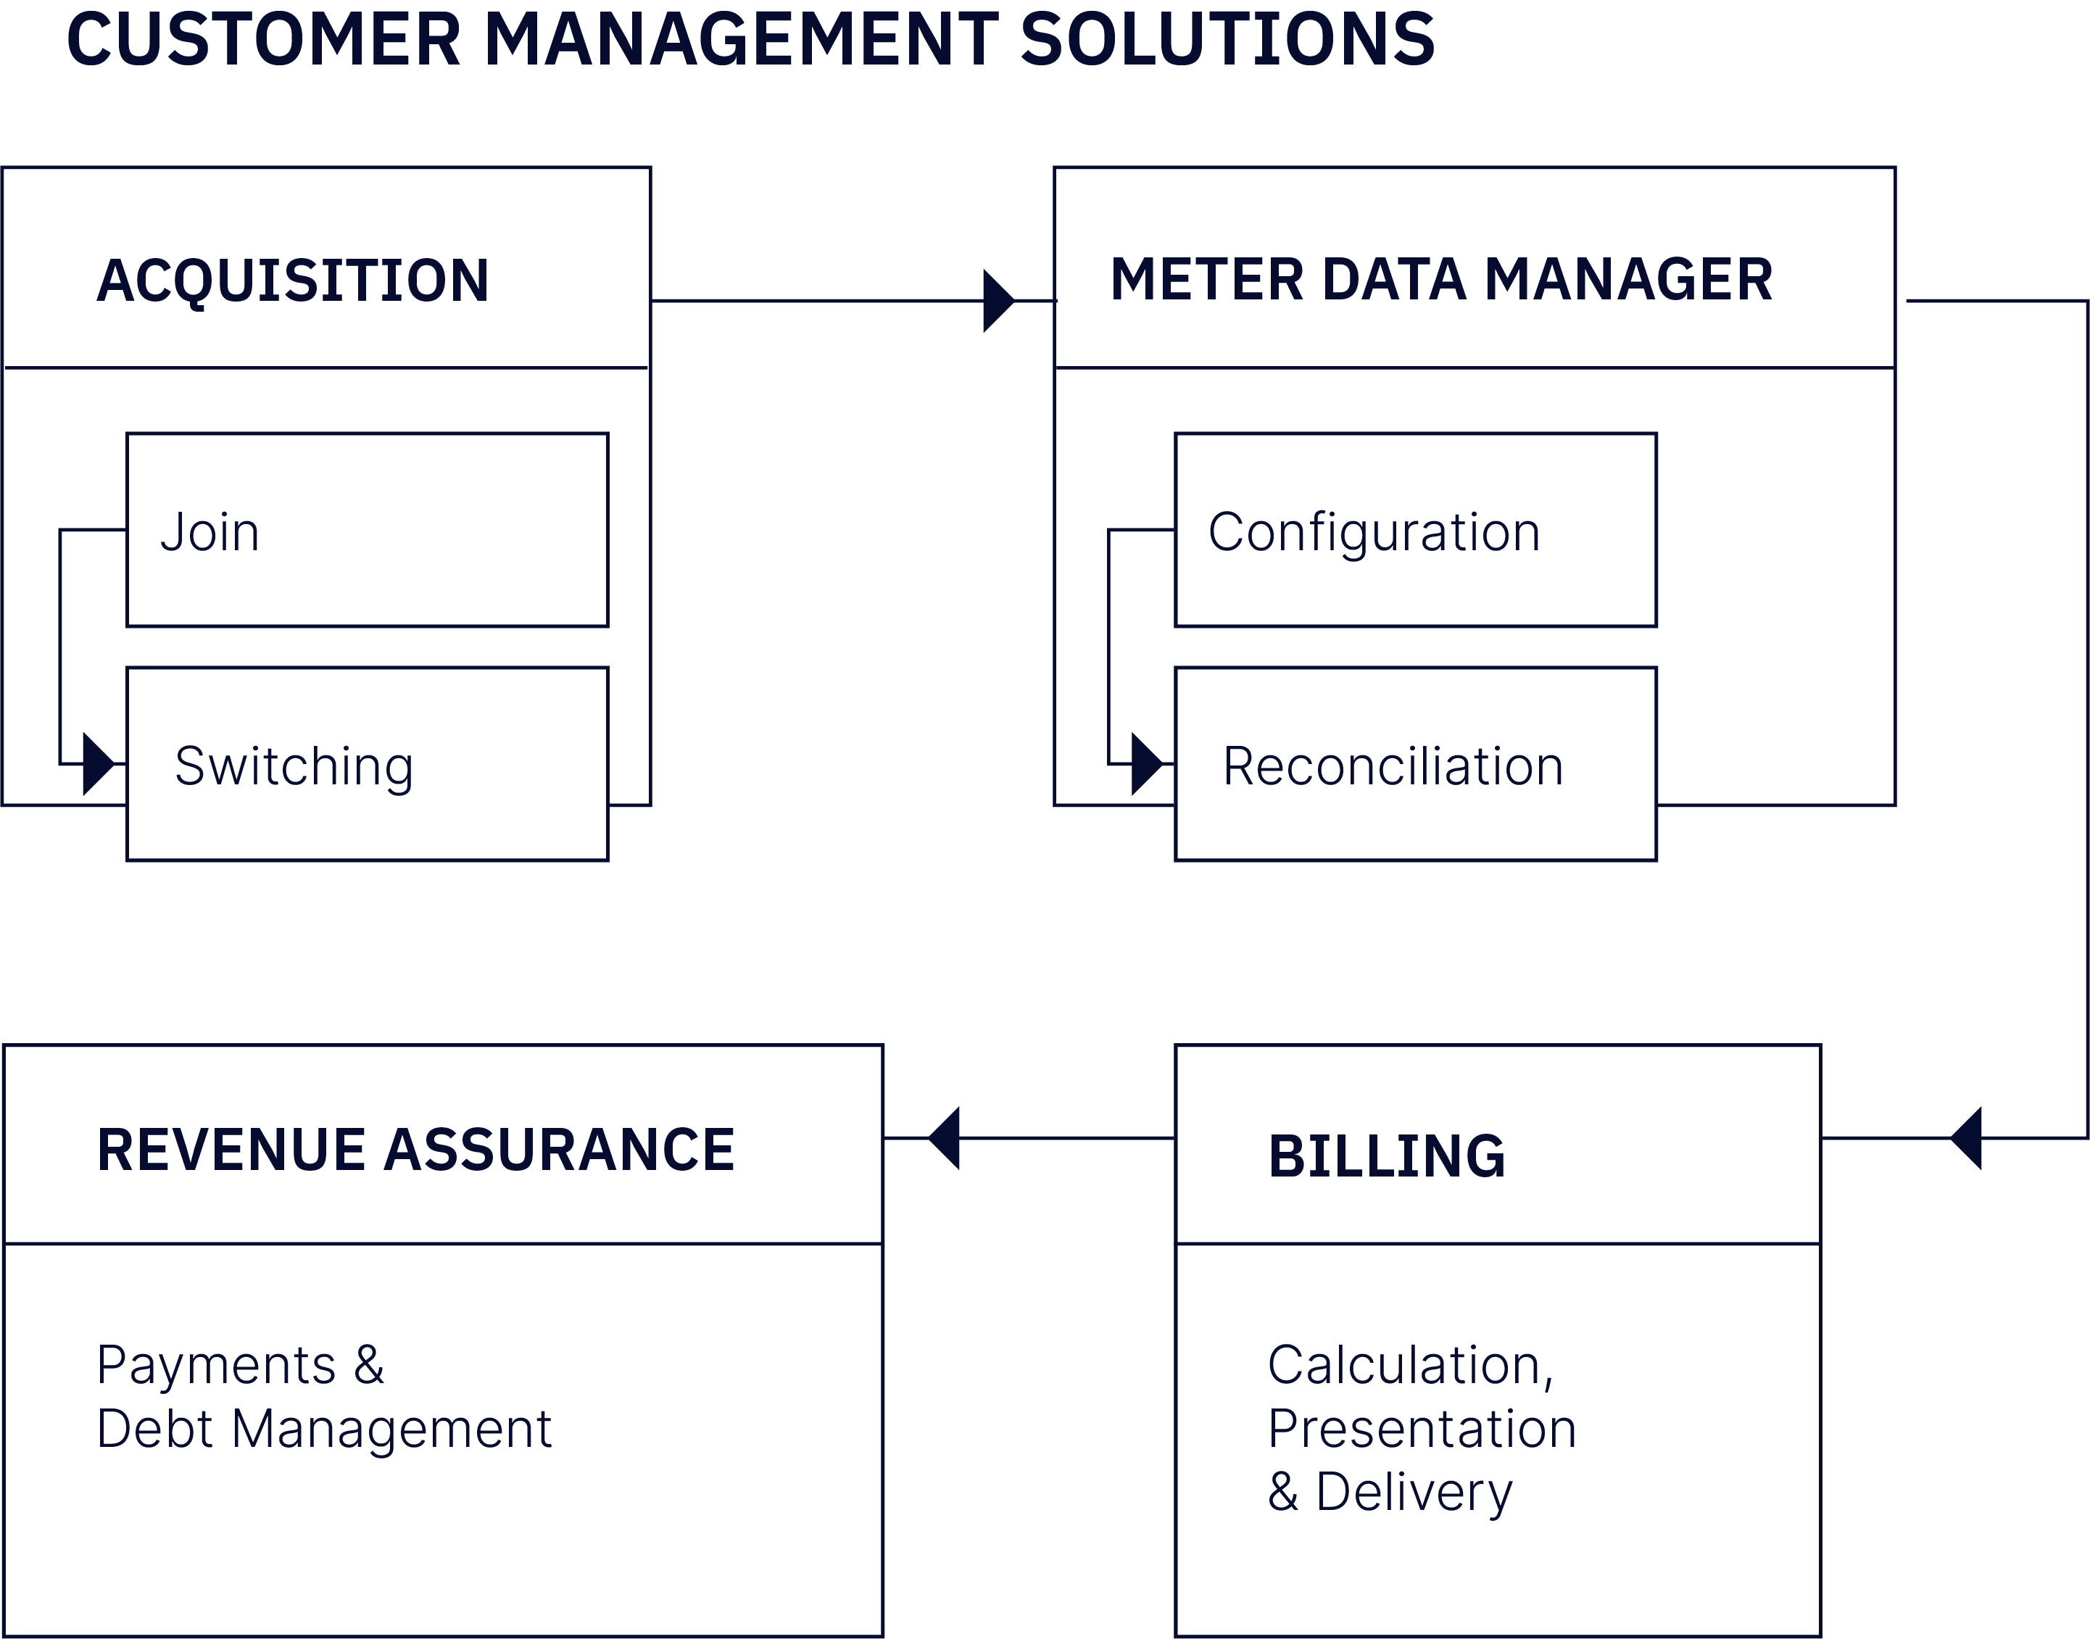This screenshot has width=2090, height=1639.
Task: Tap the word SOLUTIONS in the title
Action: click(x=1227, y=41)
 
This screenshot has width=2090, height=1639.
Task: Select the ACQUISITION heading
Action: click(x=293, y=281)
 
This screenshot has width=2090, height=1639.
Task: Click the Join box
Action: click(x=367, y=530)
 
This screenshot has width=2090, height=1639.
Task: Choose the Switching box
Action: click(x=367, y=765)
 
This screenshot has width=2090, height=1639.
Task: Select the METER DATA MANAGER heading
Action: click(x=1441, y=281)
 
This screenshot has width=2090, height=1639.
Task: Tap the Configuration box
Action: click(x=1415, y=530)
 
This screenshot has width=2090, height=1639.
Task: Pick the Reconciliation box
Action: click(x=1415, y=765)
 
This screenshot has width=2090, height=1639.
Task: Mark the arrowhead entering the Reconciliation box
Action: click(x=1145, y=764)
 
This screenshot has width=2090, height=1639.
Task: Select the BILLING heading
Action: click(x=1387, y=1156)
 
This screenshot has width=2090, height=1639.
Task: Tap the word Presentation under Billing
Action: click(x=1421, y=1428)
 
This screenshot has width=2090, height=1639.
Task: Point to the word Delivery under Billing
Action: click(x=1414, y=1492)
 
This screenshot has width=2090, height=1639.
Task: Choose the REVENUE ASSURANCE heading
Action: click(x=415, y=1150)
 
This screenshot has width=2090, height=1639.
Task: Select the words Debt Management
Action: click(x=324, y=1429)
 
